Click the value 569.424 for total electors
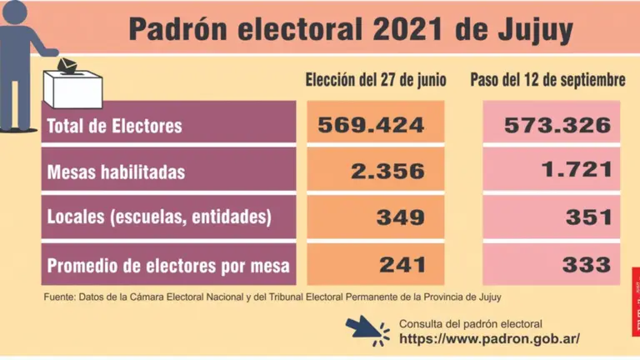(371, 126)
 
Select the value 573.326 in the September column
(558, 126)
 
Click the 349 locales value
(401, 218)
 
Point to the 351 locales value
(587, 218)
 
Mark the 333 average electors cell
(587, 265)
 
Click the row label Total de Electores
(115, 127)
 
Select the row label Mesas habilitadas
(116, 173)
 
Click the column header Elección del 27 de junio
(376, 81)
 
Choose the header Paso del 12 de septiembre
(547, 81)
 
